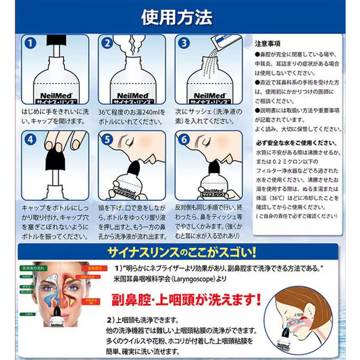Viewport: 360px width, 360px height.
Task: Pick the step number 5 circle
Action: [x=107, y=141]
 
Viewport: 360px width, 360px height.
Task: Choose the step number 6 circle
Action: [x=182, y=141]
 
